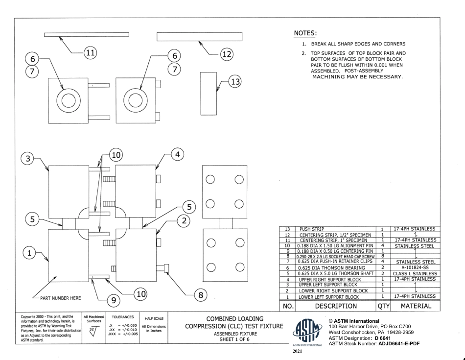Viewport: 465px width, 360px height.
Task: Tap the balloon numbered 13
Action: click(x=236, y=82)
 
